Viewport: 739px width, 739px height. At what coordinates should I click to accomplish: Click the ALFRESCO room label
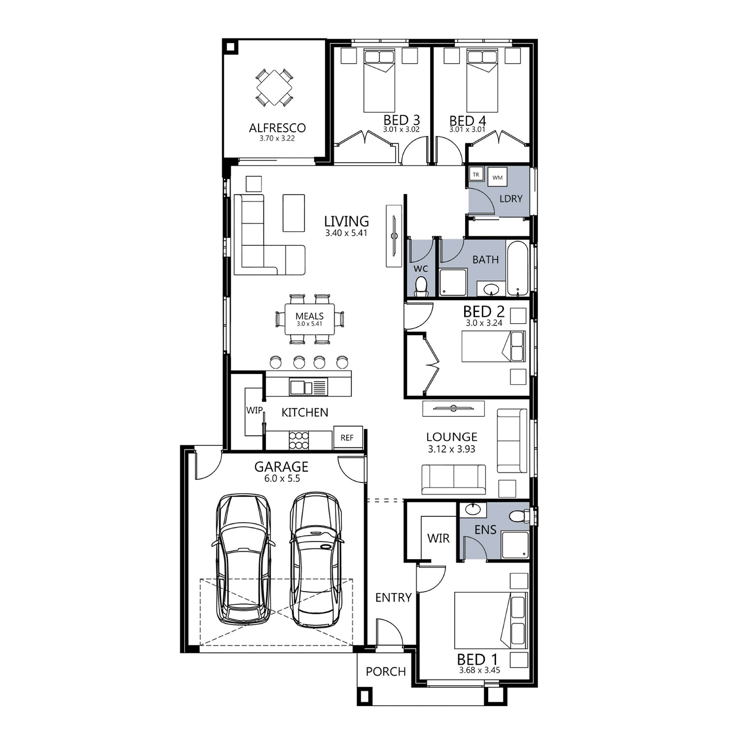tap(277, 128)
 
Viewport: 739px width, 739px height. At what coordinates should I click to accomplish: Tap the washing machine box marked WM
tap(497, 177)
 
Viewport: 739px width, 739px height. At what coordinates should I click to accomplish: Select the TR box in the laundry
tap(476, 174)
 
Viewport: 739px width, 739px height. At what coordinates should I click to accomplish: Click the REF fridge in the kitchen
tap(347, 437)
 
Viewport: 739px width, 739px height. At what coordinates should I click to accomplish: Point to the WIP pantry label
tap(254, 410)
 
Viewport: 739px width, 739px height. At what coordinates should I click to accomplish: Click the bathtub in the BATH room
tap(518, 269)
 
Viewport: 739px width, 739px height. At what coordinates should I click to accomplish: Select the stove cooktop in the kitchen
tap(299, 440)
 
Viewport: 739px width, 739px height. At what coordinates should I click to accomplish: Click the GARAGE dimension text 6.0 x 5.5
tap(281, 478)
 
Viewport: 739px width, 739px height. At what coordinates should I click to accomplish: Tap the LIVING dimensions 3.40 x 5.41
tap(346, 233)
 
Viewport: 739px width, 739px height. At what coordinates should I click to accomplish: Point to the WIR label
tap(438, 538)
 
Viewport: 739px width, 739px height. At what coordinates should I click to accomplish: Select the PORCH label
tap(386, 672)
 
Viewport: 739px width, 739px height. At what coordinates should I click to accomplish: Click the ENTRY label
tap(393, 598)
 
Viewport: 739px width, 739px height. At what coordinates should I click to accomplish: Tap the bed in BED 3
tap(379, 80)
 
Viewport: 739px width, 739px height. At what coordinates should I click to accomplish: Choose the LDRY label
tap(510, 199)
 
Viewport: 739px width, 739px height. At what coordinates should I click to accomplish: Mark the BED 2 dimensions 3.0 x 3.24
tap(484, 324)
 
